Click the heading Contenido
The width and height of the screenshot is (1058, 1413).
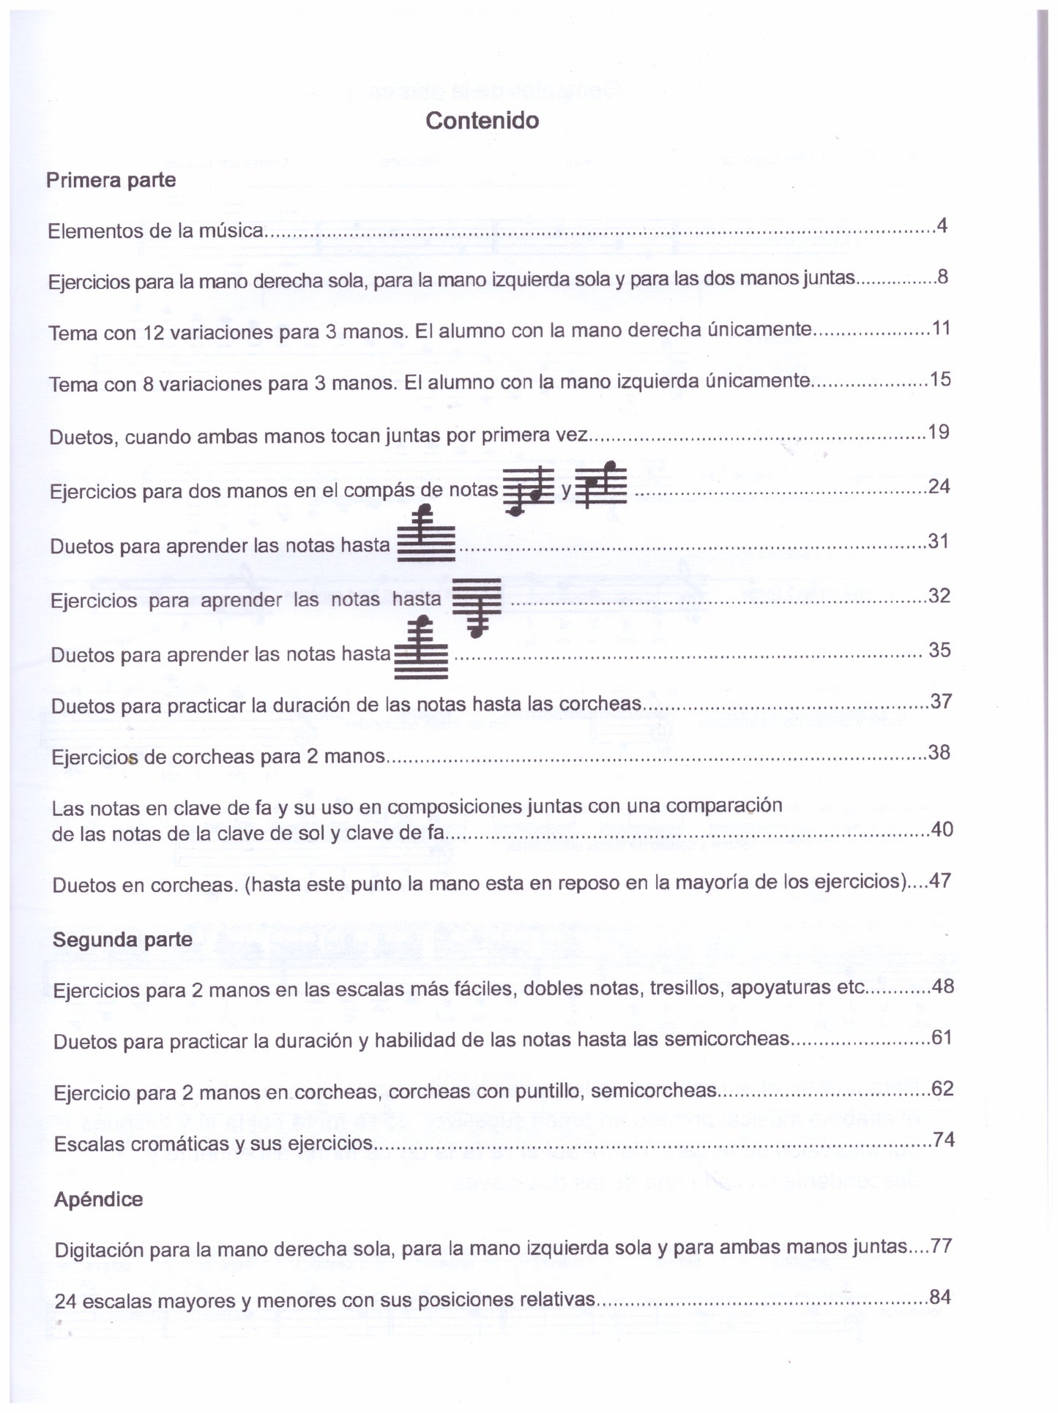coord(482,121)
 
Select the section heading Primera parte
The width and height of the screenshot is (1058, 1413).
coord(111,180)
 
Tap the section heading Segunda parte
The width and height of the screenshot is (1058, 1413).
coord(122,940)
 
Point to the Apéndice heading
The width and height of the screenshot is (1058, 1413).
coord(98,1199)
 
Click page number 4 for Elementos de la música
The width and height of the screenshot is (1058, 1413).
coord(942,226)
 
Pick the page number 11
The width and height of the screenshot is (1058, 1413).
coord(941,329)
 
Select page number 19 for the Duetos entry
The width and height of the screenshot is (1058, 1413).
coord(939,432)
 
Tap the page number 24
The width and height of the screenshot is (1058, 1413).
coord(939,487)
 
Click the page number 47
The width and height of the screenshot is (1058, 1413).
coord(940,881)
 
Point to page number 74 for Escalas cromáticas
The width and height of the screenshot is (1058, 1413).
coord(943,1140)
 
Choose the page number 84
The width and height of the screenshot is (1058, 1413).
coord(940,1297)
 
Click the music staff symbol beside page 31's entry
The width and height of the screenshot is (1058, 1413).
coord(425,537)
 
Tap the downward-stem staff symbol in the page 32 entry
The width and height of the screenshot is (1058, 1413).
coord(477,605)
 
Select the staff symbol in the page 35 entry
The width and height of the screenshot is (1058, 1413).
coord(421,649)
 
